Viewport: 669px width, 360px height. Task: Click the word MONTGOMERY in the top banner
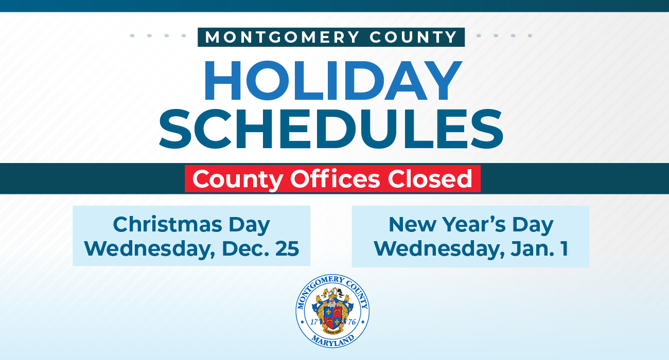coord(283,38)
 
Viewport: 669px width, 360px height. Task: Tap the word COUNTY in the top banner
coord(413,38)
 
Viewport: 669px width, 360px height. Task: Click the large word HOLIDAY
coord(333,81)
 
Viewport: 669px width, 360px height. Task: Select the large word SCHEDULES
coord(331,129)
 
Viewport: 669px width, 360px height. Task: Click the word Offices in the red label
coord(335,178)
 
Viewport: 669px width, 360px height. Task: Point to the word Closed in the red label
coord(430,178)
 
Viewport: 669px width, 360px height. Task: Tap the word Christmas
coord(167,224)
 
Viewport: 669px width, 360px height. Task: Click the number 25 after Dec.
coord(287,248)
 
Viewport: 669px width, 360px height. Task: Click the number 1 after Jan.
coord(565,248)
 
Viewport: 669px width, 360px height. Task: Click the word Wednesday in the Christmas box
coord(150,249)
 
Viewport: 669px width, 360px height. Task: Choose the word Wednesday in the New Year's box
coord(439,249)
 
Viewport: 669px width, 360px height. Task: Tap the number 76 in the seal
coord(352,322)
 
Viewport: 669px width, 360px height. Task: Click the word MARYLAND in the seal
coord(333,341)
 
